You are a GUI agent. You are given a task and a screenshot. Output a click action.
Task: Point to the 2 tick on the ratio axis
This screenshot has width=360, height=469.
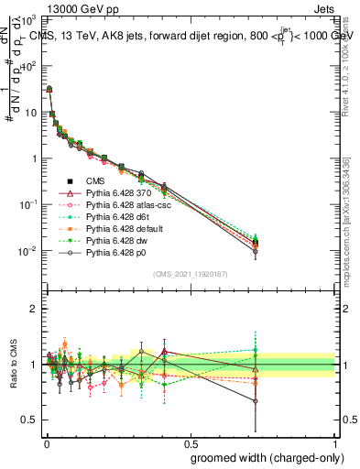[x=34, y=309]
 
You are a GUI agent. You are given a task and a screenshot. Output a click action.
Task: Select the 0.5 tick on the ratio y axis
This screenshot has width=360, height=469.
[x=30, y=420]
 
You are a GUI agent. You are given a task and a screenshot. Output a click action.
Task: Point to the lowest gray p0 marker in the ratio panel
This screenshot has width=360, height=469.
[x=254, y=401]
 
